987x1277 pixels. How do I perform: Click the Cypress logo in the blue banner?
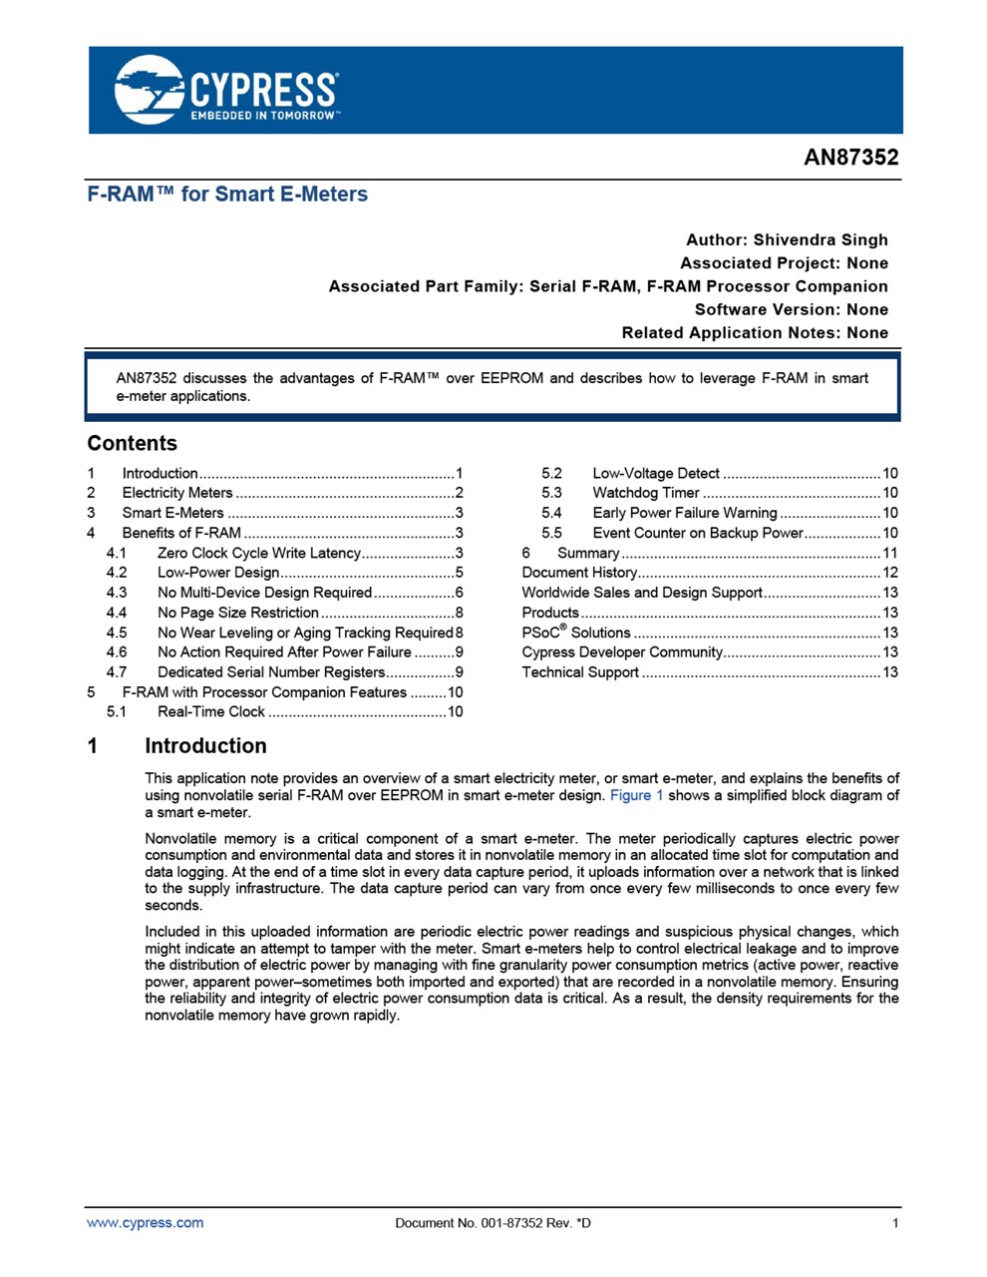pyautogui.click(x=226, y=90)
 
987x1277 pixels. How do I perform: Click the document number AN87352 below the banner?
pyautogui.click(x=850, y=158)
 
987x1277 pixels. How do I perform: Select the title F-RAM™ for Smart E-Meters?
pyautogui.click(x=227, y=195)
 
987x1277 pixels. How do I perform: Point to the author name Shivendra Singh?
pyautogui.click(x=820, y=239)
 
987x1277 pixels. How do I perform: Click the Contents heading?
pyautogui.click(x=132, y=443)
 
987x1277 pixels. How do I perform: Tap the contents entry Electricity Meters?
pyautogui.click(x=176, y=493)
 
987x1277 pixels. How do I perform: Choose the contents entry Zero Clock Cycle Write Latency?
pyautogui.click(x=258, y=553)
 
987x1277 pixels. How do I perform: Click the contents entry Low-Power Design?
pyautogui.click(x=217, y=573)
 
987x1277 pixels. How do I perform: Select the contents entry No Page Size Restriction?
pyautogui.click(x=237, y=613)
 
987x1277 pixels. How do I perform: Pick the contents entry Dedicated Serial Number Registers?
pyautogui.click(x=270, y=672)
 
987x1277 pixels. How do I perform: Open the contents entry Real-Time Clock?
pyautogui.click(x=210, y=712)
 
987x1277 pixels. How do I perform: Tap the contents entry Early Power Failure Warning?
pyautogui.click(x=684, y=513)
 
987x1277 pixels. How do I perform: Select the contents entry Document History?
pyautogui.click(x=579, y=573)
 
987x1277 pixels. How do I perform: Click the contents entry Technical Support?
pyautogui.click(x=580, y=672)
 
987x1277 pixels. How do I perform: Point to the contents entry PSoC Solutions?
pyautogui.click(x=576, y=633)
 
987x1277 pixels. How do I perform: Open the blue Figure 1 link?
pyautogui.click(x=636, y=795)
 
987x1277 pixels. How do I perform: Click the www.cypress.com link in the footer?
pyautogui.click(x=145, y=1223)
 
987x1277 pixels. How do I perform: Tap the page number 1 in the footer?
pyautogui.click(x=895, y=1223)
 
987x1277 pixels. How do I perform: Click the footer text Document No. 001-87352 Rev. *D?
pyautogui.click(x=493, y=1223)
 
